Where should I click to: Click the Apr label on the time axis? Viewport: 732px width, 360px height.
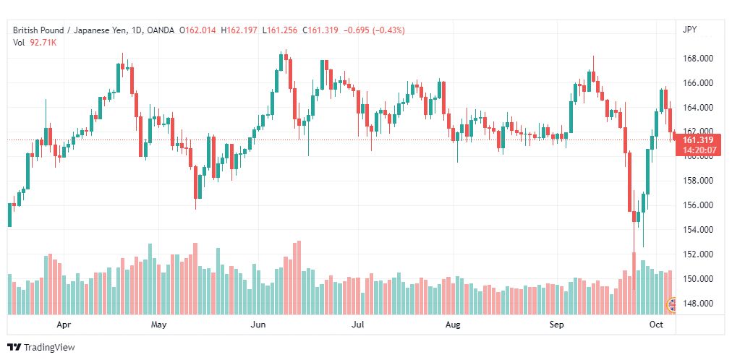point(64,325)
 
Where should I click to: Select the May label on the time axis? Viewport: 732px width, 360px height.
point(158,325)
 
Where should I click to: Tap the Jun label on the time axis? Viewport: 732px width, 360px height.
point(258,325)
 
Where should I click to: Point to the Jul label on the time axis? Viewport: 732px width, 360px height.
point(357,325)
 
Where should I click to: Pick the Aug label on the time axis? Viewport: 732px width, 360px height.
point(453,325)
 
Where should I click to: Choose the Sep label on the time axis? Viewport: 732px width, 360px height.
point(556,325)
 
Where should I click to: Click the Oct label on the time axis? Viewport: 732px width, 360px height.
point(656,325)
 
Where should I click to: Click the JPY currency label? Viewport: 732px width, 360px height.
point(689,30)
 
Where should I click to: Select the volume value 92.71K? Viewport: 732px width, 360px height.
point(43,43)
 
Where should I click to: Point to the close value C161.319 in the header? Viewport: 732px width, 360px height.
point(321,30)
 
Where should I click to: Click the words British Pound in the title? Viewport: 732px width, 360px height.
point(35,30)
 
